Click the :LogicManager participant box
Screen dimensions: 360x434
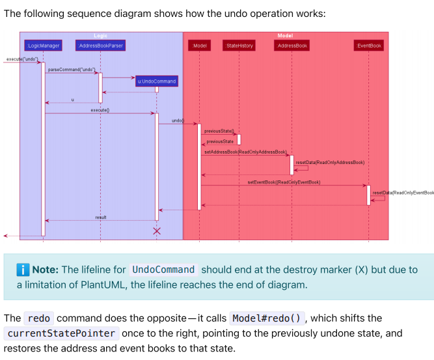43,46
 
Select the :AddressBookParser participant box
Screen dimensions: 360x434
100,46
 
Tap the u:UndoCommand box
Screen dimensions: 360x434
156,81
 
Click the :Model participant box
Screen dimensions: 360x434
200,46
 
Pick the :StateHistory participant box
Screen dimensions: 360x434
239,46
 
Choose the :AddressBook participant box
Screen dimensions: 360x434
292,46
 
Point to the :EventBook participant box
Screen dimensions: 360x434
369,46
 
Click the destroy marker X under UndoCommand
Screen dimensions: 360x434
156,230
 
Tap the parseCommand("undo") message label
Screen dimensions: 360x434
72,70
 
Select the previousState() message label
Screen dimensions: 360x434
219,131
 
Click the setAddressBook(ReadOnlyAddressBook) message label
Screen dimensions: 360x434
245,152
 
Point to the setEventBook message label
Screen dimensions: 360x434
284,182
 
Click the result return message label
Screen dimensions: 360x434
101,217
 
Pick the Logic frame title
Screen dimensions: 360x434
100,35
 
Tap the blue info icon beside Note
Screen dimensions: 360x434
23,270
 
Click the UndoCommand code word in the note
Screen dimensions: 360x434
163,270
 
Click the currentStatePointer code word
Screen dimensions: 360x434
61,333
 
